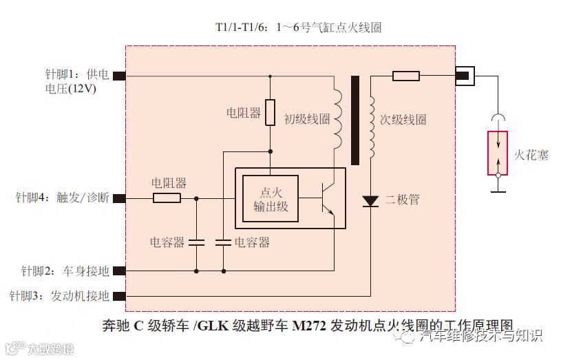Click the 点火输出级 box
pos(270,198)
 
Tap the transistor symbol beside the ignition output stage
pos(329,198)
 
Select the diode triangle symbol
pos(370,201)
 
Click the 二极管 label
pos(402,200)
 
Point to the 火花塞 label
pos(531,154)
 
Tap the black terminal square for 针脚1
pos(118,76)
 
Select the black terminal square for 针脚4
pos(118,198)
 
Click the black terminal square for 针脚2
pos(118,271)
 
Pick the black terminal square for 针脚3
pos(118,296)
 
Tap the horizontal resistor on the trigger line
pos(167,198)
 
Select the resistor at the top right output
pos(406,76)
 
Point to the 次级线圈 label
pos(403,119)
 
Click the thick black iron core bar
pos(355,120)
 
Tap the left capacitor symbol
pos(197,242)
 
